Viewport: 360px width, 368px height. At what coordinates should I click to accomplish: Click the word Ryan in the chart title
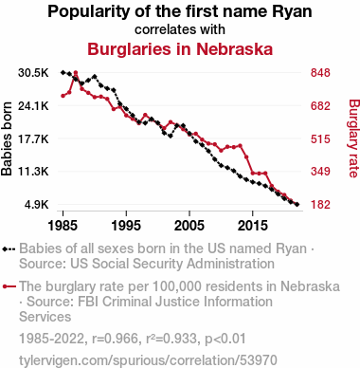pyautogui.click(x=292, y=12)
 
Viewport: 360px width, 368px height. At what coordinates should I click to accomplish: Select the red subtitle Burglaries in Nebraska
pyautogui.click(x=180, y=49)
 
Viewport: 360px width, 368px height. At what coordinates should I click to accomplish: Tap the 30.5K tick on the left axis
pyautogui.click(x=33, y=73)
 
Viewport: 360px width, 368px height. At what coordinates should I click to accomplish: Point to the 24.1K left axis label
pyautogui.click(x=33, y=105)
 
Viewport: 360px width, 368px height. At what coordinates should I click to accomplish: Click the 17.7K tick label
pyautogui.click(x=33, y=138)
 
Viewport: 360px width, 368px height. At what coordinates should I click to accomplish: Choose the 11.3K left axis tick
pyautogui.click(x=33, y=172)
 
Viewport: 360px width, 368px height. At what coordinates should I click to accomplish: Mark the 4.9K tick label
pyautogui.click(x=36, y=205)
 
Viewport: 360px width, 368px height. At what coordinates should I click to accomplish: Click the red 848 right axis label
pyautogui.click(x=320, y=73)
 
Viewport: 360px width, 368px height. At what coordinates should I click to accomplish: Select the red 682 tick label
pyautogui.click(x=320, y=105)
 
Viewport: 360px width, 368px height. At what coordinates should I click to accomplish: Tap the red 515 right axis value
pyautogui.click(x=320, y=138)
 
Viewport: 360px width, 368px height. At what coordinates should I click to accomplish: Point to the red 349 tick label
pyautogui.click(x=320, y=172)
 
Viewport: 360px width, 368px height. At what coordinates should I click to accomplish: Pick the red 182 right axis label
pyautogui.click(x=320, y=205)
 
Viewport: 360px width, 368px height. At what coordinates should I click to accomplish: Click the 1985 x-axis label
pyautogui.click(x=63, y=226)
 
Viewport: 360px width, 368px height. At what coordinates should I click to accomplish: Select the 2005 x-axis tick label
pyautogui.click(x=189, y=226)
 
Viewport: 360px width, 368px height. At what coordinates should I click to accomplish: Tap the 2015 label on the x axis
pyautogui.click(x=253, y=226)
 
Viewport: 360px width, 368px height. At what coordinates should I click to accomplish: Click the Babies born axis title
pyautogui.click(x=7, y=138)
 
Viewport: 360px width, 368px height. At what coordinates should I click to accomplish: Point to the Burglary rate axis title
pyautogui.click(x=354, y=138)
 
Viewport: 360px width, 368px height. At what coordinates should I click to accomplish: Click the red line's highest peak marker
pyautogui.click(x=76, y=73)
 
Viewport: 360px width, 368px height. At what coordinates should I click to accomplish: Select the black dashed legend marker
pyautogui.click(x=9, y=248)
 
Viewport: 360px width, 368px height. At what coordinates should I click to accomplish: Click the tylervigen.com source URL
pyautogui.click(x=148, y=360)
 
